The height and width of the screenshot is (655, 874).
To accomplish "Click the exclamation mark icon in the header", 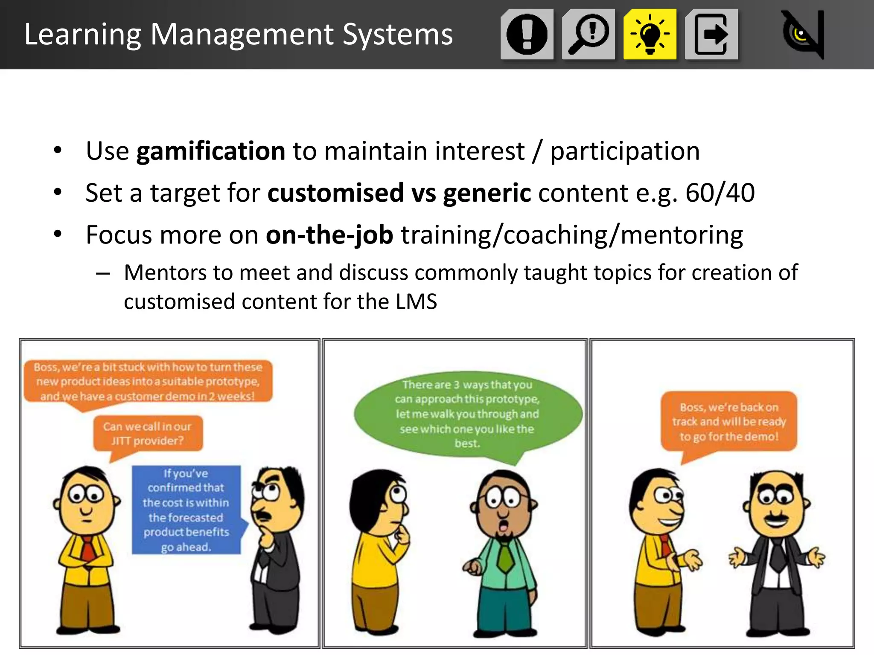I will [x=527, y=34].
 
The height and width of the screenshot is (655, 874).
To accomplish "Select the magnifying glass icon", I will [x=588, y=34].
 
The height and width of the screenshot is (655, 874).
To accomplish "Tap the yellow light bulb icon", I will [x=650, y=34].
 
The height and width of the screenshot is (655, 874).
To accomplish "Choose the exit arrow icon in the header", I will [x=711, y=34].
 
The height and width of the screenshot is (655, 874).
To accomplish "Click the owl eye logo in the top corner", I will [x=802, y=34].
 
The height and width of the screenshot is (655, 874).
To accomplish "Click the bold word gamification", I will [x=211, y=151].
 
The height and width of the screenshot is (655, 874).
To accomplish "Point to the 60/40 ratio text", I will [x=720, y=193].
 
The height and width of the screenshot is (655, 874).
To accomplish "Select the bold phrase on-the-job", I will [x=329, y=235].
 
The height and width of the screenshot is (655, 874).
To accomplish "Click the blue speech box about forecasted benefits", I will [x=186, y=510].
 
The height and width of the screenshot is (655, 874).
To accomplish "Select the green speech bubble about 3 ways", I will [x=467, y=413].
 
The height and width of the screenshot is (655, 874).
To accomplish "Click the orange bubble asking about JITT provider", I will [x=148, y=433].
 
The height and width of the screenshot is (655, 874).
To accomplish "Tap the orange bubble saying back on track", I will [x=729, y=421].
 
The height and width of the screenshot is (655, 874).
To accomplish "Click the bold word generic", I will [x=487, y=193].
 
